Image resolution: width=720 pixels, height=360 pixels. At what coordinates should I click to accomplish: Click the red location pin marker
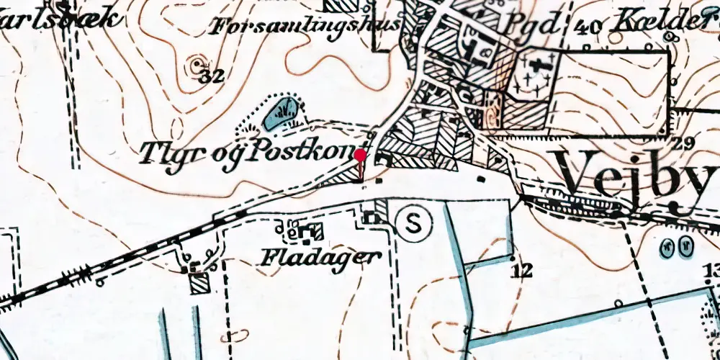point(361,155)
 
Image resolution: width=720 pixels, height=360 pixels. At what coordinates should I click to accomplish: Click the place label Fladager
point(319,256)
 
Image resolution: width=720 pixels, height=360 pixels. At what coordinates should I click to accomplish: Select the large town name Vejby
point(637,176)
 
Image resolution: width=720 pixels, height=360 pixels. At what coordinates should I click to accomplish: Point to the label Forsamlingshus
point(306,27)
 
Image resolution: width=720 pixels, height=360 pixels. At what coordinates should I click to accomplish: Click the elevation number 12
point(523,271)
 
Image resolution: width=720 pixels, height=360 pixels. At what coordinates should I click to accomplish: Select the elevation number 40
point(589,27)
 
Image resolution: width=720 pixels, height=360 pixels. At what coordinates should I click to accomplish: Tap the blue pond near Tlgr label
point(282,113)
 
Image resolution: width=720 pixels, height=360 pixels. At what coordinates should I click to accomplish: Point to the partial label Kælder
point(662,24)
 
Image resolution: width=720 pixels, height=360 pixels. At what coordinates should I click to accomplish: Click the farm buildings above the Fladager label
point(307,232)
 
